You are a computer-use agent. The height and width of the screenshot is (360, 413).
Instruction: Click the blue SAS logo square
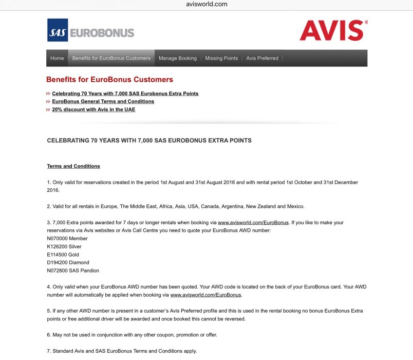[x=57, y=30]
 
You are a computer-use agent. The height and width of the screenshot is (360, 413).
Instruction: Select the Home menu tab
[x=57, y=58]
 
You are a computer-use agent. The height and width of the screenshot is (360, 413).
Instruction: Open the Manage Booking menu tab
[x=178, y=58]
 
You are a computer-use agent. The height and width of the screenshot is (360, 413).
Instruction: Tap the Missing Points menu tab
[x=221, y=58]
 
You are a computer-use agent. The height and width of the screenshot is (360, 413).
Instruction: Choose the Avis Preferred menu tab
[x=262, y=58]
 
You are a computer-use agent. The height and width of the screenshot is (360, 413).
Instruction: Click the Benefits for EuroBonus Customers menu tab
[x=111, y=58]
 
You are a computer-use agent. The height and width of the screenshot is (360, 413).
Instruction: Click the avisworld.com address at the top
[x=206, y=4]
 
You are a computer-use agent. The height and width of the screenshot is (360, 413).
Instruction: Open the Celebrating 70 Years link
[x=125, y=94]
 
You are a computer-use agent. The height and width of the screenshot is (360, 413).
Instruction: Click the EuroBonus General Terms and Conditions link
[x=103, y=101]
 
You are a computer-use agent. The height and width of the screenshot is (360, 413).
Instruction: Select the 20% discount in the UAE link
[x=93, y=110]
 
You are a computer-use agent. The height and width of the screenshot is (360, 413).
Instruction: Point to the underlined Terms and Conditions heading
[x=73, y=166]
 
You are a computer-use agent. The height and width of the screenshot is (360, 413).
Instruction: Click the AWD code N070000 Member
[x=67, y=239]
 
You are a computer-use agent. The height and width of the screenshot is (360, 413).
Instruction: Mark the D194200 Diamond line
[x=68, y=262]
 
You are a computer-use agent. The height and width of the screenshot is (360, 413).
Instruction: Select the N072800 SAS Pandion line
[x=73, y=271]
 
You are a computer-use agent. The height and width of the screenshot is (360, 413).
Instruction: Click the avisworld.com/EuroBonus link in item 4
[x=205, y=295]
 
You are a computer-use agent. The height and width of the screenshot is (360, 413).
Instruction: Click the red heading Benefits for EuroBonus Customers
[x=109, y=80]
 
